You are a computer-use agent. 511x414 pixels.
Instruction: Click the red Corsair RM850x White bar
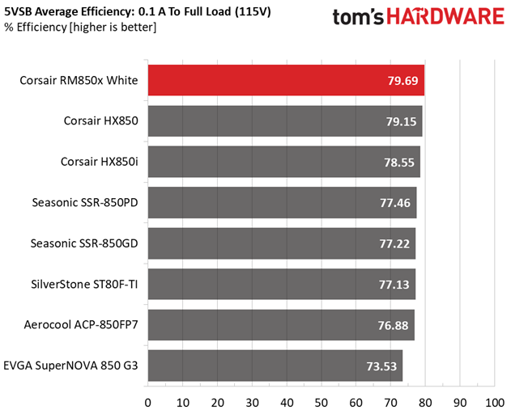pos(286,80)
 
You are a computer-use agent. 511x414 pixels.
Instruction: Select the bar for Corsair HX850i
pos(284,162)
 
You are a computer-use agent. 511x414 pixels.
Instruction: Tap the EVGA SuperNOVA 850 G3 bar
pos(275,365)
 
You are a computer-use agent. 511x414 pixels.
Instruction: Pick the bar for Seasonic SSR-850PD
pos(282,202)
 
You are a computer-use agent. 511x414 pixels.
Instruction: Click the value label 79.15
pos(401,121)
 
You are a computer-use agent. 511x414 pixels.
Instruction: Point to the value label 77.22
pos(394,243)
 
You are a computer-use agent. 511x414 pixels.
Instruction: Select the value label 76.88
pos(393,325)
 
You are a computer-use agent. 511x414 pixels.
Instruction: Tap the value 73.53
pos(381,366)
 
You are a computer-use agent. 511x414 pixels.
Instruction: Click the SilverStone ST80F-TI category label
pos(84,284)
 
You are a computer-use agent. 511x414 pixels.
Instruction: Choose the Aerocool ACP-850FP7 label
pos(81,325)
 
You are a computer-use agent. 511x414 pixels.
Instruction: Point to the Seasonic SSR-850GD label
pos(84,243)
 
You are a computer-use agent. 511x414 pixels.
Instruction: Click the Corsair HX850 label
pos(101,120)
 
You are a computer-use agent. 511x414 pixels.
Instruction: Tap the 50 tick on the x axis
pos(322,403)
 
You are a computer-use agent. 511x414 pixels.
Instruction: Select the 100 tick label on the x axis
pos(495,403)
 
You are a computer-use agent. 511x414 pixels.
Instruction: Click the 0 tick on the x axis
pos(148,403)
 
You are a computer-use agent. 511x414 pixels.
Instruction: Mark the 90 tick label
pos(460,403)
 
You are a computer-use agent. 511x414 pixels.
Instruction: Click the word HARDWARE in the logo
pos(445,16)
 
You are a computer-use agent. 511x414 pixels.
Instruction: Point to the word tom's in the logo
pos(358,17)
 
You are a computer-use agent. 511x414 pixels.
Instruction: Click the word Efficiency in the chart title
pos(109,12)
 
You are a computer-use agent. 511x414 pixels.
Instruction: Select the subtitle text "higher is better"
pos(113,27)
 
